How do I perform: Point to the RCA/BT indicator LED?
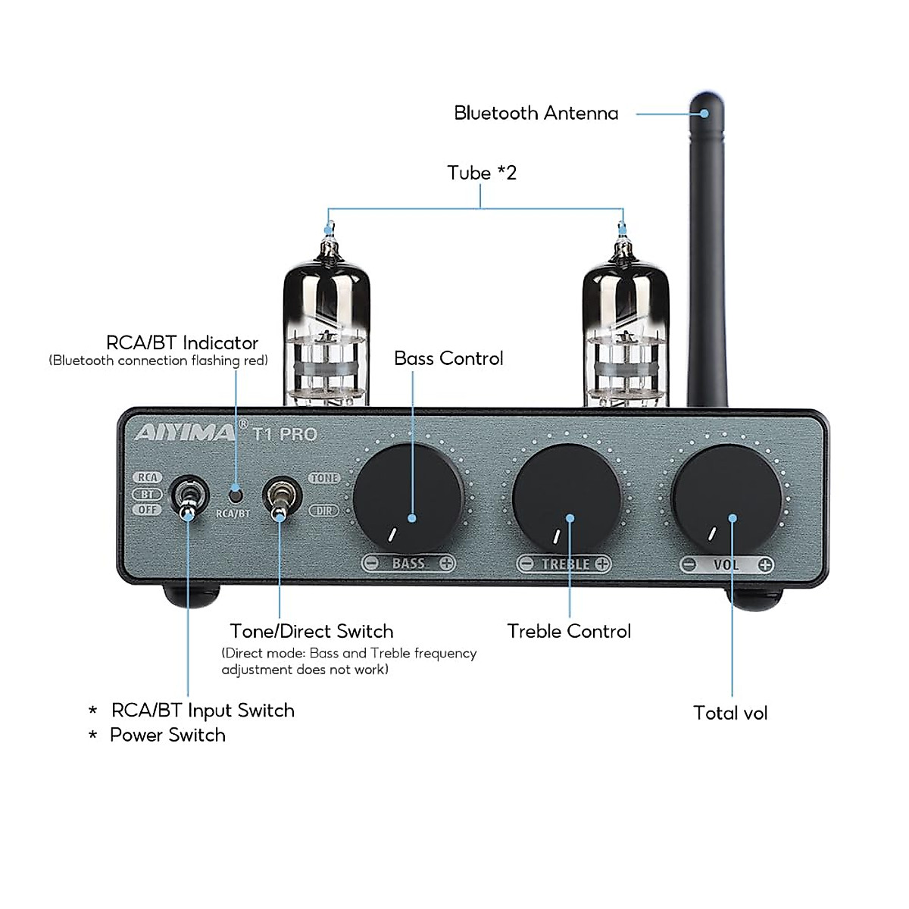236,495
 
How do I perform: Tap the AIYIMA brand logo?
186,433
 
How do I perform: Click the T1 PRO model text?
285,434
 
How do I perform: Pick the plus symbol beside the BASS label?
447,564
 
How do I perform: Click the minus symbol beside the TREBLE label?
526,564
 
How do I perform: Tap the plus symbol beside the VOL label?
765,564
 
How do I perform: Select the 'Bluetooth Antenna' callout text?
536,113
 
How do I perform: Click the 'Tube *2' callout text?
482,173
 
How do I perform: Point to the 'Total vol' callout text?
730,713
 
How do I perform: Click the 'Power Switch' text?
167,735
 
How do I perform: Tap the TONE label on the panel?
324,478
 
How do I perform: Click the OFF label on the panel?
148,510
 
